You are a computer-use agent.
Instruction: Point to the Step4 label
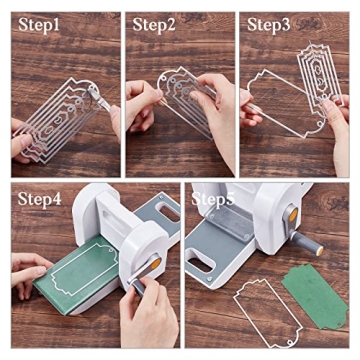pyautogui.click(x=37, y=199)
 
